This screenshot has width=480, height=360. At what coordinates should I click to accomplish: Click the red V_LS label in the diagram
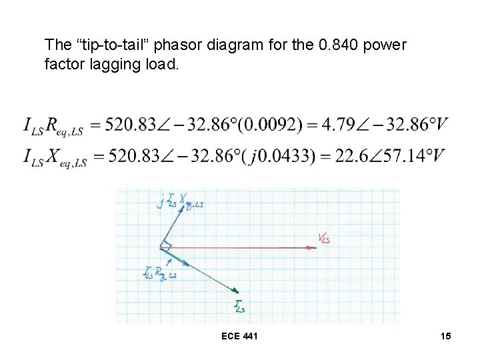pos(323,238)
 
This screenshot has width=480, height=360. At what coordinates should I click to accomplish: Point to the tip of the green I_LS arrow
pos(238,291)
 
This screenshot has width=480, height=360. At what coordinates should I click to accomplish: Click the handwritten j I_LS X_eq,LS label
pos(181,200)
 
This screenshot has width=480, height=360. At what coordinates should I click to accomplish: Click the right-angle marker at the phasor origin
pos(167,247)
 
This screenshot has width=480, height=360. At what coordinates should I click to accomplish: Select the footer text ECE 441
pos(239,336)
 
